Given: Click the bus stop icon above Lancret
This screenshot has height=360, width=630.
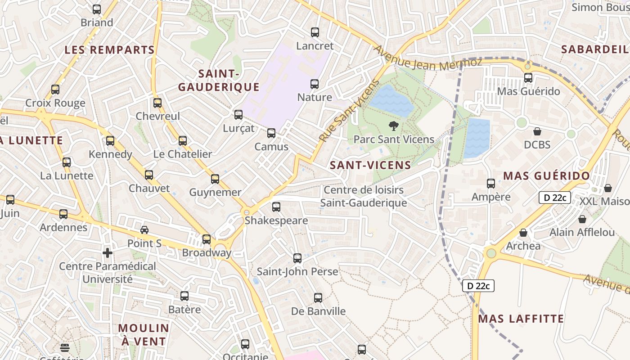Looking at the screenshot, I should point(315,32).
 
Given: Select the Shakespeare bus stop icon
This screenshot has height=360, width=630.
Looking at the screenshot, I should point(276,207).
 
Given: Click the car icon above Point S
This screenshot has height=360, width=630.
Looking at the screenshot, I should point(144,230).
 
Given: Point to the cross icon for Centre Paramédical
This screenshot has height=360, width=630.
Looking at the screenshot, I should point(107,253).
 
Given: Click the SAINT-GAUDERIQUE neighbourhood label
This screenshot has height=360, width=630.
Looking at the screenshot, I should point(219,80).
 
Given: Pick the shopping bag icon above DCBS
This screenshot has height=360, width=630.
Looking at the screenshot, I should point(537,131).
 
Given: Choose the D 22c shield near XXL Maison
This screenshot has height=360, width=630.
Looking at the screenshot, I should point(554,198).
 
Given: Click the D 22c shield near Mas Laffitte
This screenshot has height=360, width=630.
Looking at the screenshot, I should point(478,285).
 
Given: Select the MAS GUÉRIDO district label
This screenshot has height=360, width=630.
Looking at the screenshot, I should point(546,176).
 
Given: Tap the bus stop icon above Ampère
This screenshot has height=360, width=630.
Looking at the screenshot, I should point(491,184).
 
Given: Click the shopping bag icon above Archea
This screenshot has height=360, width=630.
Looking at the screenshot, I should point(523,233).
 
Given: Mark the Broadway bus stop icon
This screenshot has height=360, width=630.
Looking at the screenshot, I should point(207,239).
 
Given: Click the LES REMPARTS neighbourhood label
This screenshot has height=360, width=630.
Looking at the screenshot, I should point(109,50).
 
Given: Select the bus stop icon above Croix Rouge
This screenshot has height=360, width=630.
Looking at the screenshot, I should point(55,90).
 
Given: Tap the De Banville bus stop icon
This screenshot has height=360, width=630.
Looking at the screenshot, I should point(318,298).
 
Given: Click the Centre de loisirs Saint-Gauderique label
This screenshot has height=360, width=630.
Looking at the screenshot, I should point(364,197).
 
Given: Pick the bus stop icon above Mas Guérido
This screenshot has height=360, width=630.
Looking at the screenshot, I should point(528,78).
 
